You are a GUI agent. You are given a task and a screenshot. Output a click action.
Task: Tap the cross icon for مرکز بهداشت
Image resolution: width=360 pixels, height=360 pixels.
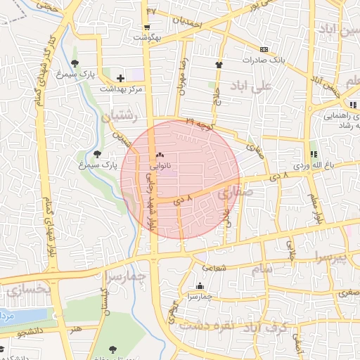pyautogui.click(x=120, y=79)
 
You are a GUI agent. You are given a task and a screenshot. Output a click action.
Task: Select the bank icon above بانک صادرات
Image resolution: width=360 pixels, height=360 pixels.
pyautogui.click(x=264, y=49)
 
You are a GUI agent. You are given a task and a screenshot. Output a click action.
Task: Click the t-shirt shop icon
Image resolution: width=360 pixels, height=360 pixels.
pyautogui.click(x=219, y=65)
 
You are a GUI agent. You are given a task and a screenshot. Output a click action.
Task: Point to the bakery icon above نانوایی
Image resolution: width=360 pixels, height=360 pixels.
pyautogui.click(x=160, y=155)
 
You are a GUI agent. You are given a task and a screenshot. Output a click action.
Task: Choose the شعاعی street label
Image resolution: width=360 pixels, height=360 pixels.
pyautogui.click(x=215, y=267)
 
